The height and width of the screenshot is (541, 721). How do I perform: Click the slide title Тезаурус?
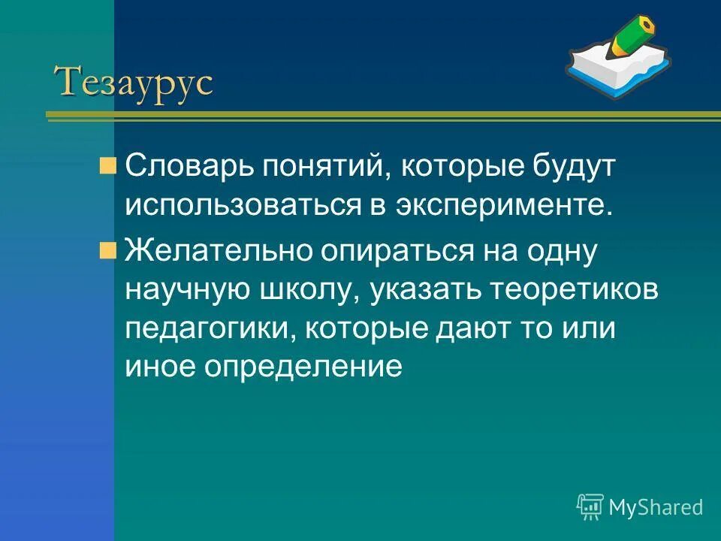134,81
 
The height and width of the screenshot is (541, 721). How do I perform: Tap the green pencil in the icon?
629,38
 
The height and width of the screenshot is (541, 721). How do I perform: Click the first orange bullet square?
108,165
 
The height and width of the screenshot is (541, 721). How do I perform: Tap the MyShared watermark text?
655,507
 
